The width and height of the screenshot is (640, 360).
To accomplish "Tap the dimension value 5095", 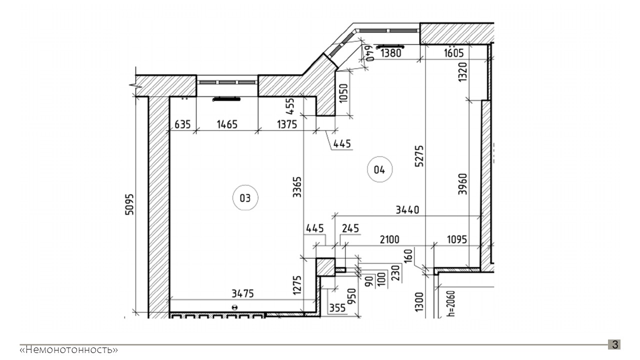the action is coord(129,204).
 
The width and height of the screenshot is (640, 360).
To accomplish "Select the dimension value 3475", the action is coord(242,293).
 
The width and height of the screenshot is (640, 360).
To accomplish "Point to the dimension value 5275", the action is coord(419,156).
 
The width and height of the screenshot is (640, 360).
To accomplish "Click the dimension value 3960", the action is coord(462,184).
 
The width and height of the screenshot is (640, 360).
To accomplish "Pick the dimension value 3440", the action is coord(407,210).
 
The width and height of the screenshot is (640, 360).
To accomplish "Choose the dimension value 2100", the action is coord(389,239).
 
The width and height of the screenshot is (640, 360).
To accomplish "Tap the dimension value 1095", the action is coord(457,239).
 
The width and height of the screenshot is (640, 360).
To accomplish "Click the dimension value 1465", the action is coord(227,124).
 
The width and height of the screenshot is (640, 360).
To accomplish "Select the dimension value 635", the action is coord(182,124).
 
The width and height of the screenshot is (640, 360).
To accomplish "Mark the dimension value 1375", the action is coord(287,124).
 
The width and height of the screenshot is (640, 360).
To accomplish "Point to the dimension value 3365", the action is coord(297,187).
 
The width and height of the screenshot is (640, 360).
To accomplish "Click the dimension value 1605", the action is coord(453,53).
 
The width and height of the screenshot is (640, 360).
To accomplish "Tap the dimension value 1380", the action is coord(391,53).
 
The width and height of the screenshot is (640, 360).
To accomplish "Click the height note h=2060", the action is coord(451,303).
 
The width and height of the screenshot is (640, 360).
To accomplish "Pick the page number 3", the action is coord(615,344).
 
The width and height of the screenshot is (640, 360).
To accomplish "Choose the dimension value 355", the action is coord(337,308).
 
